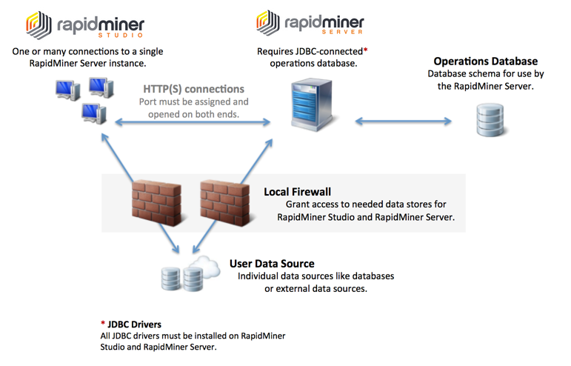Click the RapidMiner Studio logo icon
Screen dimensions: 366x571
[x=39, y=24]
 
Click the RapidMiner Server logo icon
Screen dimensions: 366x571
[x=269, y=24]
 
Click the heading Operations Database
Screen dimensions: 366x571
[x=485, y=61]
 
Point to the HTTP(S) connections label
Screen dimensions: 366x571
[x=193, y=89]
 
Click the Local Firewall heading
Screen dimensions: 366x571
[x=297, y=192]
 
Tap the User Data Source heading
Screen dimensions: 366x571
[x=272, y=263]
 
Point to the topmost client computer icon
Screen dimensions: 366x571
[x=100, y=87]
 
